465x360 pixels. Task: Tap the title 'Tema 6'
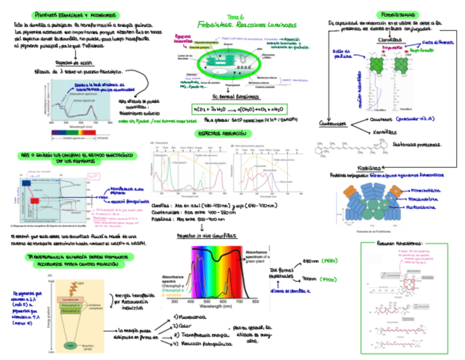click(243, 17)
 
